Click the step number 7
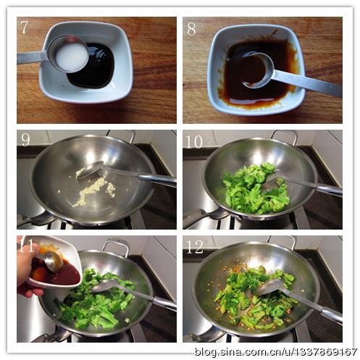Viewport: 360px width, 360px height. pos(24,28)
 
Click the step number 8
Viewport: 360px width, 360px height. pos(191,29)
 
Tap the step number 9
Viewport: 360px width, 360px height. pos(25,140)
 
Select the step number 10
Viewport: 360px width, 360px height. pos(194,141)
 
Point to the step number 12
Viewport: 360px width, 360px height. pos(195,247)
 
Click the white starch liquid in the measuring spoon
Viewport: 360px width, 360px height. pos(71,56)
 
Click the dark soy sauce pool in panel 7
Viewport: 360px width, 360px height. pos(93,67)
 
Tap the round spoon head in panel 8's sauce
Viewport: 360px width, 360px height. pos(258,70)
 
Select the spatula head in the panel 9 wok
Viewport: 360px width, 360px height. pos(91,169)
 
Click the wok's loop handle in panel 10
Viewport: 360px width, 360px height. pos(284,136)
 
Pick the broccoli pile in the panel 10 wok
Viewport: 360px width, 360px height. pos(256,189)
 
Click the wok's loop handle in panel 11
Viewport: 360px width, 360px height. pos(115,246)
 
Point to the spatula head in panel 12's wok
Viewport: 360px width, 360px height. pos(268,287)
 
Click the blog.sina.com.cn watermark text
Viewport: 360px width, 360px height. pos(275,351)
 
